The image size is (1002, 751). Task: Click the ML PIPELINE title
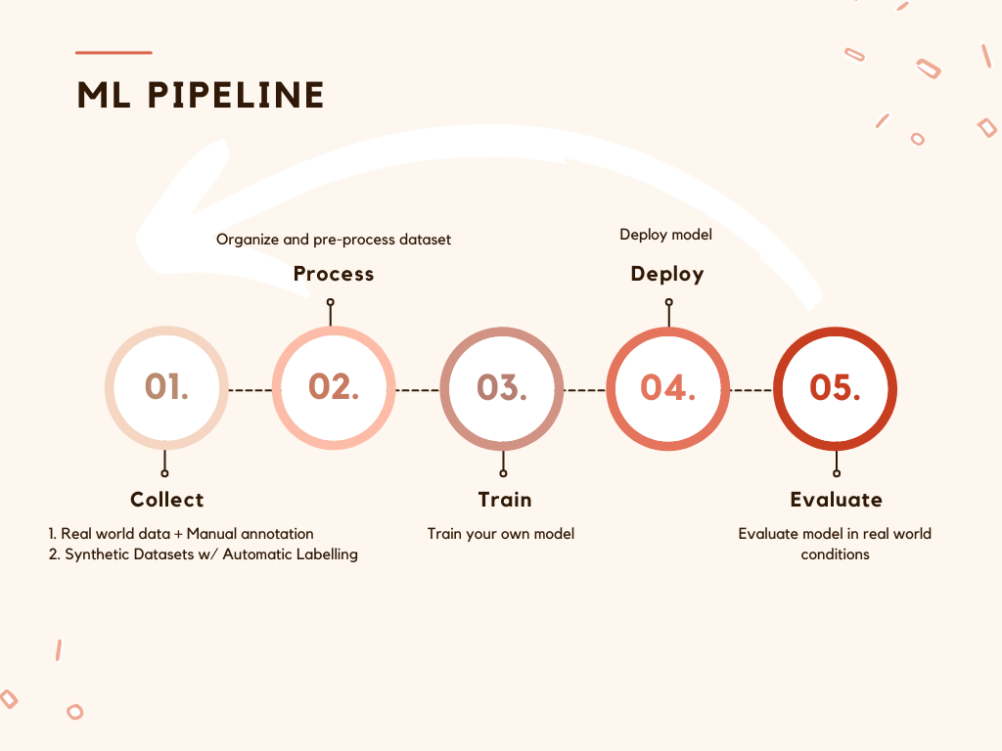click(201, 96)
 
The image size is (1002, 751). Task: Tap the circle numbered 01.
click(166, 388)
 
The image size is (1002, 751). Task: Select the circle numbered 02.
click(334, 388)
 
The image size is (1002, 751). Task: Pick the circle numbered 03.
click(502, 388)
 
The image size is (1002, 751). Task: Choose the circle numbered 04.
click(668, 388)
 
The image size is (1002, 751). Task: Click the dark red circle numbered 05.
click(836, 388)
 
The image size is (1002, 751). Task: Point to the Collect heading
click(166, 500)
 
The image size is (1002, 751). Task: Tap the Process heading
click(334, 274)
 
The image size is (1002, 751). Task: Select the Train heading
click(505, 500)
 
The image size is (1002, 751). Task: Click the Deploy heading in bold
click(667, 274)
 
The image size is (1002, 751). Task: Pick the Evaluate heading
click(836, 500)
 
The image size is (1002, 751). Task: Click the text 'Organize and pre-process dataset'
click(334, 240)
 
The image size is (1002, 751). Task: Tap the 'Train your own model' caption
click(501, 534)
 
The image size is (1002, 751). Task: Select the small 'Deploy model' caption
click(666, 235)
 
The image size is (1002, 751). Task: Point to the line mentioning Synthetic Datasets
click(204, 554)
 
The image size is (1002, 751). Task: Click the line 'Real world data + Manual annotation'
click(181, 534)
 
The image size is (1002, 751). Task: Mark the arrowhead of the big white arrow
click(181, 210)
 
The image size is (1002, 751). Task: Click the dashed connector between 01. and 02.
click(250, 390)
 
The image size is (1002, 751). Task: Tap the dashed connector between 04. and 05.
click(752, 390)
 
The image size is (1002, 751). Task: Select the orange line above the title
click(114, 53)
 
